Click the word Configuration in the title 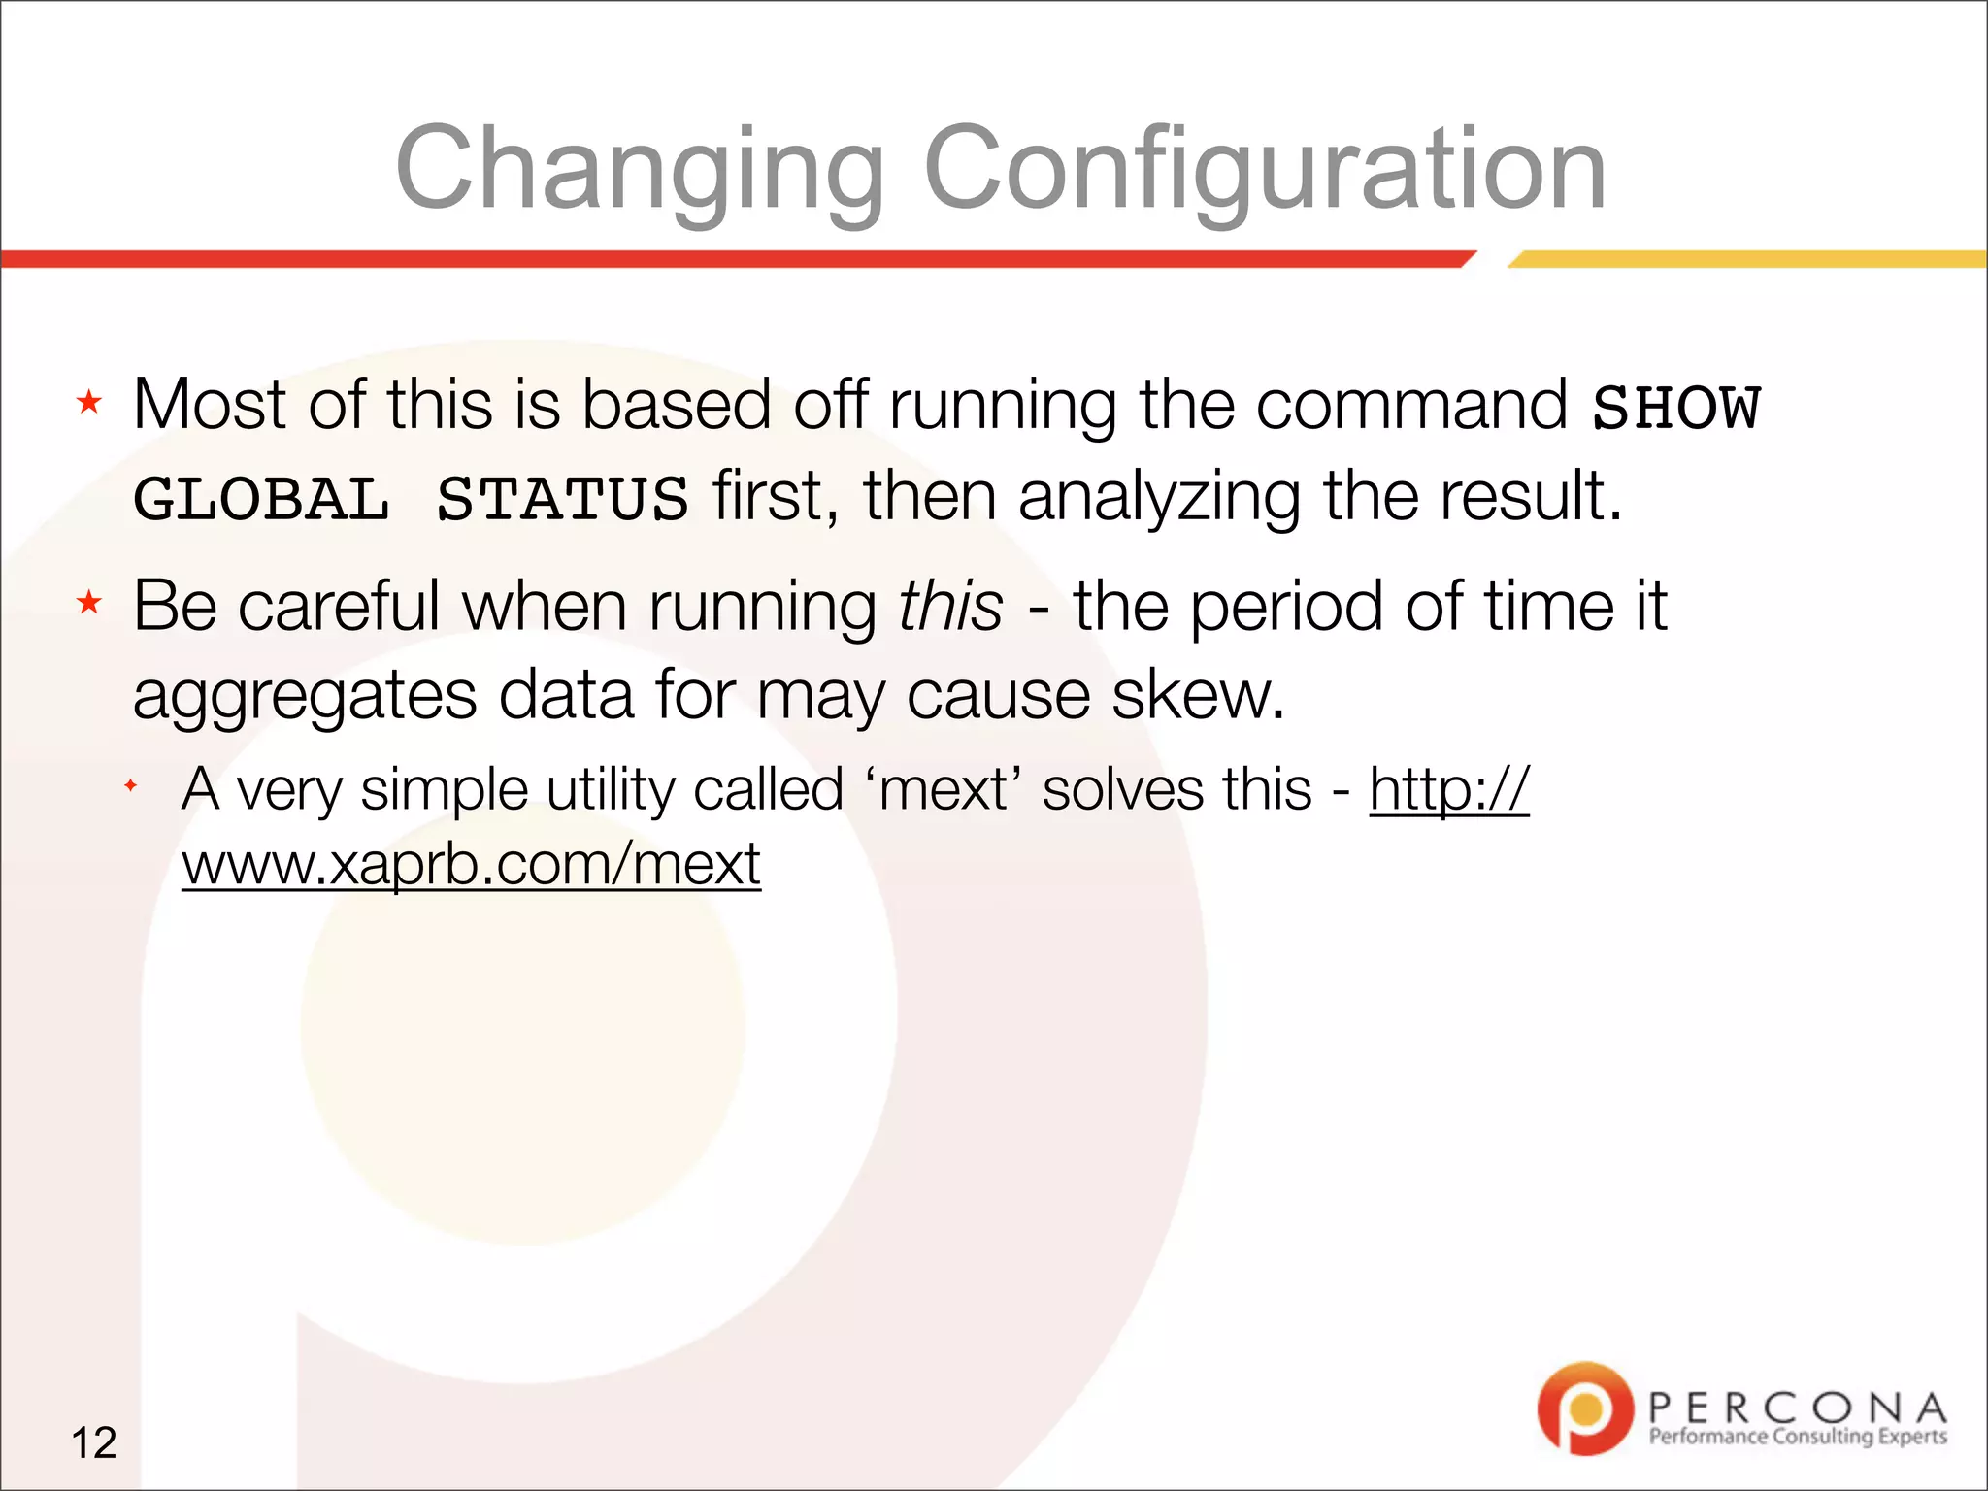click(x=1264, y=170)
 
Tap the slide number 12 click(x=94, y=1442)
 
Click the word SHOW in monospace click(x=1676, y=408)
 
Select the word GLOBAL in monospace click(x=261, y=500)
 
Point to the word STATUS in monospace click(x=562, y=500)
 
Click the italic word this click(x=950, y=607)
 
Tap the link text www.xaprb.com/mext click(x=471, y=863)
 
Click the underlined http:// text click(x=1448, y=789)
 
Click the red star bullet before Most click(x=89, y=402)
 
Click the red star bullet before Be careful click(x=89, y=603)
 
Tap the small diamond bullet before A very click(x=130, y=784)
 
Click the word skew click(x=1198, y=695)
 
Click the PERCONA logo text click(x=1797, y=1407)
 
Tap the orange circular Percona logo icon click(x=1584, y=1408)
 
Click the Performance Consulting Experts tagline click(x=1797, y=1437)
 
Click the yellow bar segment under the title click(x=1747, y=259)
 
